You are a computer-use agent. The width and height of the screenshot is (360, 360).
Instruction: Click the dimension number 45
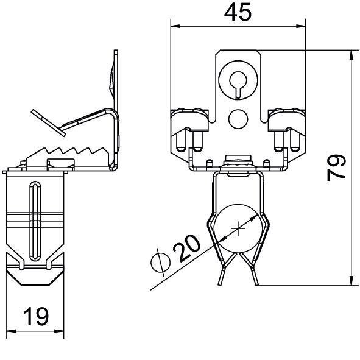238,13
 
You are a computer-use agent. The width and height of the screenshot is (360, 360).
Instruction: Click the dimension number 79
337,168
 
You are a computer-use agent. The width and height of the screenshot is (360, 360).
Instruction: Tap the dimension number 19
36,317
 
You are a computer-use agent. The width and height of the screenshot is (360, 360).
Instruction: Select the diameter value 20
186,248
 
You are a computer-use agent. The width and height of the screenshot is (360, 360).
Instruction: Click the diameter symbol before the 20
160,263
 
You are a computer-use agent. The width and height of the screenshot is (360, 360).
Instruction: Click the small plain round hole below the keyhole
238,119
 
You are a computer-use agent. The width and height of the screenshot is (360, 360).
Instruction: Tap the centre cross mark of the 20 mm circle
238,228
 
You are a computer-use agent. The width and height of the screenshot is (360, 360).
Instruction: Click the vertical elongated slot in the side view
35,221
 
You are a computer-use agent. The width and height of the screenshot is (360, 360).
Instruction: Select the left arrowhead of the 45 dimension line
175,26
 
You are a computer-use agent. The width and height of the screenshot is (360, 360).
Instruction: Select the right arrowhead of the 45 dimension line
302,26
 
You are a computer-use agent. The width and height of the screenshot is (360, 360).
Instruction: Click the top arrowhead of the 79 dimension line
351,54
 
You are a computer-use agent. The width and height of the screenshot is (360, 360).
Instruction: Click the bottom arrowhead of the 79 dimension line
351,281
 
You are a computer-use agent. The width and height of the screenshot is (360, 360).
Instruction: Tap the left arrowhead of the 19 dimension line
11,331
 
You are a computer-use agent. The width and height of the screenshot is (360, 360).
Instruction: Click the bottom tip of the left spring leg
220,284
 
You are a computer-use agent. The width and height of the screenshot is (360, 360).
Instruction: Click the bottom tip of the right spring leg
257,284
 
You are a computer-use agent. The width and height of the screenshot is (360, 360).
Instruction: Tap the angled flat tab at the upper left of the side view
49,123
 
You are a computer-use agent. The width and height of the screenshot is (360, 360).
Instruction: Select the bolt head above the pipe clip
238,158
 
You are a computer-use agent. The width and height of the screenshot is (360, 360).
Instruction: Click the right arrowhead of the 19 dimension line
59,331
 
